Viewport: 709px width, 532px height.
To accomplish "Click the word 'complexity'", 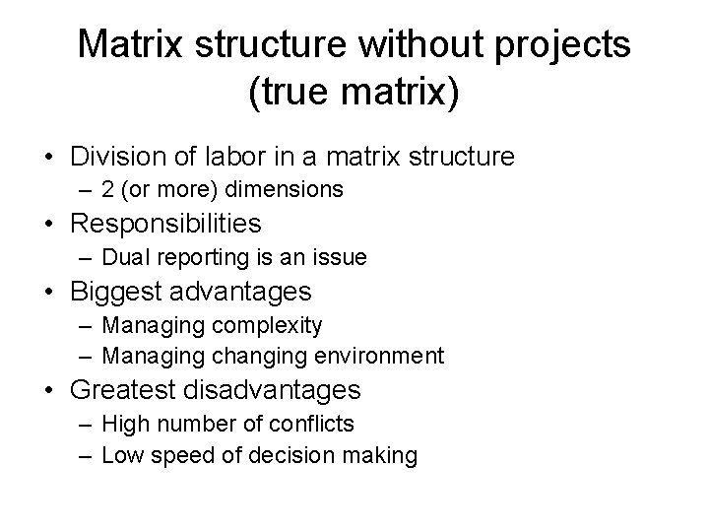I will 273,325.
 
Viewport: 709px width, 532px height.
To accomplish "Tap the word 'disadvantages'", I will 290,390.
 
